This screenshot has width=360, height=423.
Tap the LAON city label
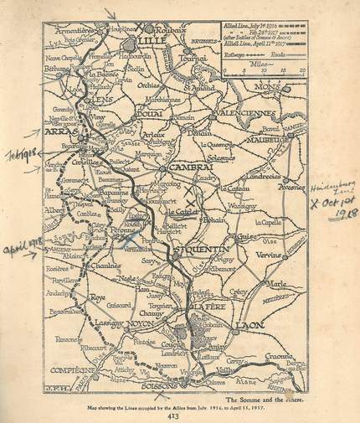click(245, 323)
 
